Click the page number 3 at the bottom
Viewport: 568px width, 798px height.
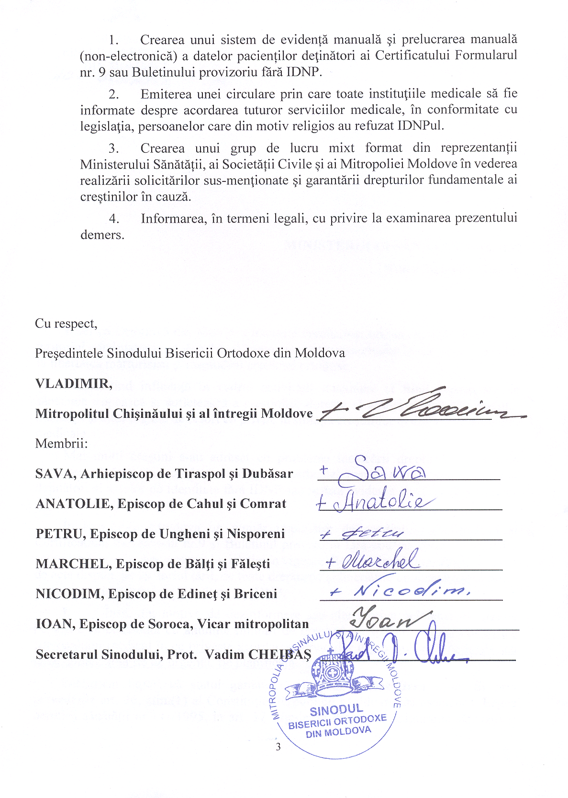(278, 747)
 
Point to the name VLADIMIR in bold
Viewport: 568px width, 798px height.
(73, 383)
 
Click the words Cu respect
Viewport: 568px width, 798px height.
(66, 324)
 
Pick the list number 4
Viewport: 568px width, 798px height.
(114, 219)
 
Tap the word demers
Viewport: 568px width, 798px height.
(102, 235)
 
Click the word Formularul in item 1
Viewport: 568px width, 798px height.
(485, 56)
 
